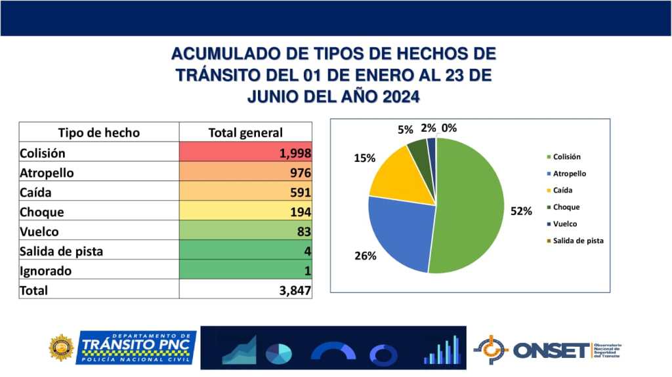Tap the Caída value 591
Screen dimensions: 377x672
coord(300,193)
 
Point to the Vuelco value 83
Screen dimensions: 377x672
coord(303,232)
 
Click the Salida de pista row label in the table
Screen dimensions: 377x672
coord(62,251)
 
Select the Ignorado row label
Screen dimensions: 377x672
coord(46,270)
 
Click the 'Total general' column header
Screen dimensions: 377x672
coord(245,132)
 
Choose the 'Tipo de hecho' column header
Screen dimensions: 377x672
coord(99,132)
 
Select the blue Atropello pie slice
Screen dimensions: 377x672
coord(400,233)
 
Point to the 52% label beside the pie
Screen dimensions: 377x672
coord(522,211)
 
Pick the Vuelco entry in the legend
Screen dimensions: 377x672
coord(565,224)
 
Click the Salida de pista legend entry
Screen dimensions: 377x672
coord(577,241)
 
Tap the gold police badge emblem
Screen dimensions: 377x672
coord(62,347)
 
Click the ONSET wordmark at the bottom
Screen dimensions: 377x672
coord(551,350)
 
